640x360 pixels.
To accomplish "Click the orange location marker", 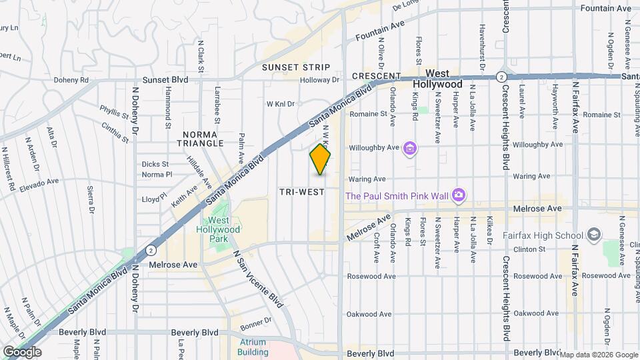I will tap(320, 159).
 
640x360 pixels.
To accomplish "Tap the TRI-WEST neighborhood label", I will tap(301, 192).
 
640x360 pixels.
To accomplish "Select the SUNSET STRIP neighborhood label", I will tap(295, 67).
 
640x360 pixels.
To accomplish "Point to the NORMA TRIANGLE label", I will tap(200, 139).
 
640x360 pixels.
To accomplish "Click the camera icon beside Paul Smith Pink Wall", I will tap(458, 195).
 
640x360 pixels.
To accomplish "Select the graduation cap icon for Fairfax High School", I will tap(594, 235).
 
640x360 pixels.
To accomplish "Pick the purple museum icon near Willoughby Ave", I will tap(410, 147).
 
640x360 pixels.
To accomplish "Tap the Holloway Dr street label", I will tap(319, 80).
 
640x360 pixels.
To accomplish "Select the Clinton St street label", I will tap(529, 249).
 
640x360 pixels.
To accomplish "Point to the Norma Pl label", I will tap(157, 175).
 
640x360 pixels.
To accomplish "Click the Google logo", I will tap(22, 351).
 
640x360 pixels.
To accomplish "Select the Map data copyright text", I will tap(599, 354).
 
